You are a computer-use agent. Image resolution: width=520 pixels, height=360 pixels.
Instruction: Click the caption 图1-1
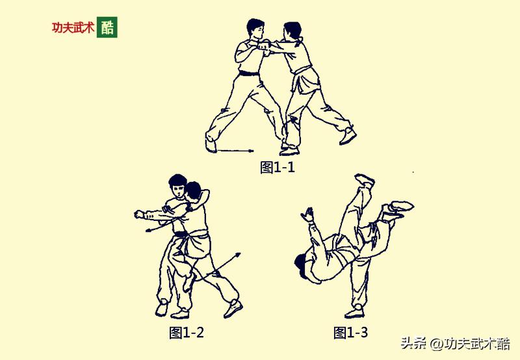coord(278,168)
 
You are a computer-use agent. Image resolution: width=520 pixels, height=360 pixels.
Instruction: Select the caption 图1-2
coord(187,333)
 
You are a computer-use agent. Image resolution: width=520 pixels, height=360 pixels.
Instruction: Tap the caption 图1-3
coord(350,333)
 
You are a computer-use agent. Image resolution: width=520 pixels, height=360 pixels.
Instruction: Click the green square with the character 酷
coord(107,28)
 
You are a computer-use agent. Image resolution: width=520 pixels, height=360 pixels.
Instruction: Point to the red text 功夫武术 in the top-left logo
coord(73,29)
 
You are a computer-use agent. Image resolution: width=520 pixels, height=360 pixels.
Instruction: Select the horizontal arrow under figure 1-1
coord(234,150)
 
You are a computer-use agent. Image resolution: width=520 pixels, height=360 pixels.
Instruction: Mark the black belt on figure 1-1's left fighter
coord(249,73)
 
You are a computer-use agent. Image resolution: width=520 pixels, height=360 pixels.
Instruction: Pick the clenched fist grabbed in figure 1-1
coord(263,47)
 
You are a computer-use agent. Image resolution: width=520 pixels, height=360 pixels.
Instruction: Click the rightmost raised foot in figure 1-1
coord(348,137)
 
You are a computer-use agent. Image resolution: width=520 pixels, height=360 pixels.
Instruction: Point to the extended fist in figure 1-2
coord(139,214)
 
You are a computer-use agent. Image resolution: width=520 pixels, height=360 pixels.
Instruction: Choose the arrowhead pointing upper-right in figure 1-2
coord(237,255)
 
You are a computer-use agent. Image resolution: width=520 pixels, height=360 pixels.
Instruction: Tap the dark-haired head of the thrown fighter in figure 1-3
coord(302,264)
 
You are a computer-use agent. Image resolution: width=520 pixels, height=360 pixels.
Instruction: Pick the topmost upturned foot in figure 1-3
coord(364,179)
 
